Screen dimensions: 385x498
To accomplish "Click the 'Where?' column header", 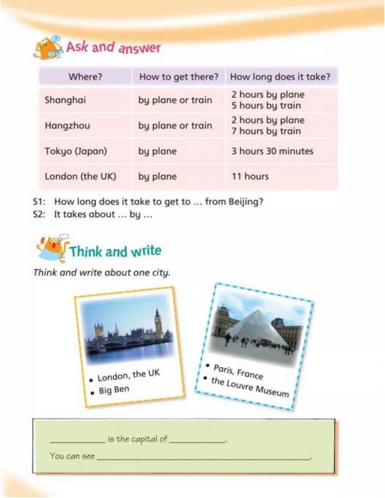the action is pos(85,75).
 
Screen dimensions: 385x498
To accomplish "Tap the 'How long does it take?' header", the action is pos(280,75).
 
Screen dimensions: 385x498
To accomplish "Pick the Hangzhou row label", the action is pos(67,126).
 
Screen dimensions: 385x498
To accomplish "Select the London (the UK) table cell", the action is pos(80,176).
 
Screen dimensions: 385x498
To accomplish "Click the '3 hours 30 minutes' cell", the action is pos(272,151).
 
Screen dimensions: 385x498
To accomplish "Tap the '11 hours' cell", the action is pos(250,176).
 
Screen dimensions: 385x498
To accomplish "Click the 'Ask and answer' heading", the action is pos(113,48).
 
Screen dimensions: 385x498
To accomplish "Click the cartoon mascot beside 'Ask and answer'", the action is pos(47,48).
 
